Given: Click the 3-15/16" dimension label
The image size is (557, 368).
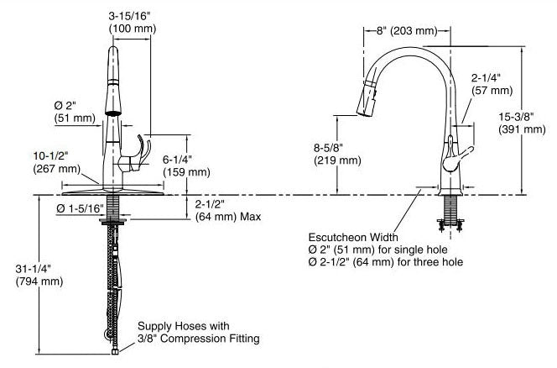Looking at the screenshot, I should point(129,14).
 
